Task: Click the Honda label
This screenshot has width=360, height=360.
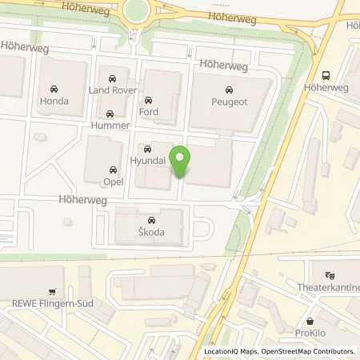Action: point(54,102)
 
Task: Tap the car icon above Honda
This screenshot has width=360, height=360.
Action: point(54,88)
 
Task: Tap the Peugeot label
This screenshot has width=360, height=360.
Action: point(230,102)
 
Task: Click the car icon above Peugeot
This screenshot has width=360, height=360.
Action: point(230,89)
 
